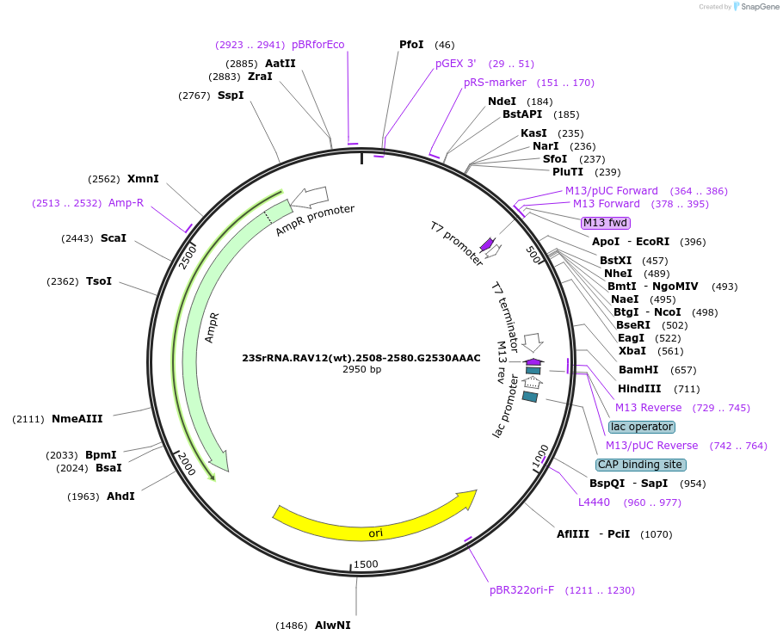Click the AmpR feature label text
212,328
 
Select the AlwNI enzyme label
332,626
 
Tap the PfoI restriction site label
411,45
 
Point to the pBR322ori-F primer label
521,590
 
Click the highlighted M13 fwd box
606,223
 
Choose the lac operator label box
642,427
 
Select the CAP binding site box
641,465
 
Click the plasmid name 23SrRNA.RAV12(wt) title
361,358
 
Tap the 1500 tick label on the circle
366,564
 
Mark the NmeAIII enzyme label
77,419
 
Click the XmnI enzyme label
143,179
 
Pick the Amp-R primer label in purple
126,203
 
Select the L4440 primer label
594,502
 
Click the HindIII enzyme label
639,389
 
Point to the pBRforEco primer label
318,45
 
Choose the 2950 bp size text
361,370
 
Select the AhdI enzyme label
120,496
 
